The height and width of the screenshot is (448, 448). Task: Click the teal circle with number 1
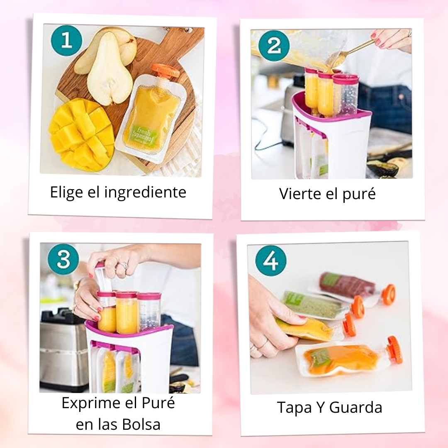[67, 41]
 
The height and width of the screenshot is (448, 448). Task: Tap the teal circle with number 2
[273, 46]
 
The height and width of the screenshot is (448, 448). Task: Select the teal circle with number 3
[63, 259]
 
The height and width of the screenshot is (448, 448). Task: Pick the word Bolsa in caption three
[141, 425]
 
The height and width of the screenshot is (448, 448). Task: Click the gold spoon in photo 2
[357, 49]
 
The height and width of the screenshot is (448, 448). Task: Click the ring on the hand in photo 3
[123, 265]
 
